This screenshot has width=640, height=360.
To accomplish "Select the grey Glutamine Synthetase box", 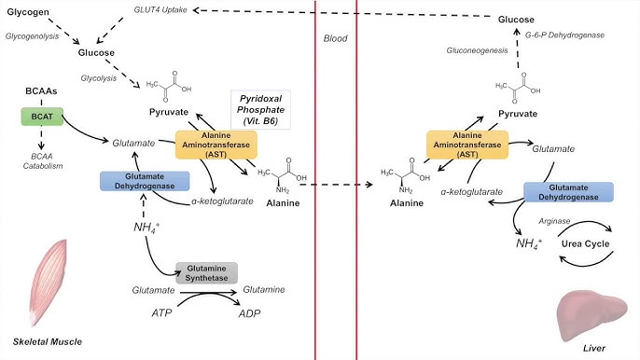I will [206, 272].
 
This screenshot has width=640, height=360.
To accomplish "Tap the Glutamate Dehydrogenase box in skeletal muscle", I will [138, 182].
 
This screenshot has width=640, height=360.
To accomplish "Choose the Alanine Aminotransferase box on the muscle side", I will [216, 144].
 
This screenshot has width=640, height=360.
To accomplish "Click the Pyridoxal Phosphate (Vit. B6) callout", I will [260, 108].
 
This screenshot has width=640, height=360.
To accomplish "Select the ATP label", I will [162, 314].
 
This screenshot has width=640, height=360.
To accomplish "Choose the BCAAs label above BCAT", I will [41, 93].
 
